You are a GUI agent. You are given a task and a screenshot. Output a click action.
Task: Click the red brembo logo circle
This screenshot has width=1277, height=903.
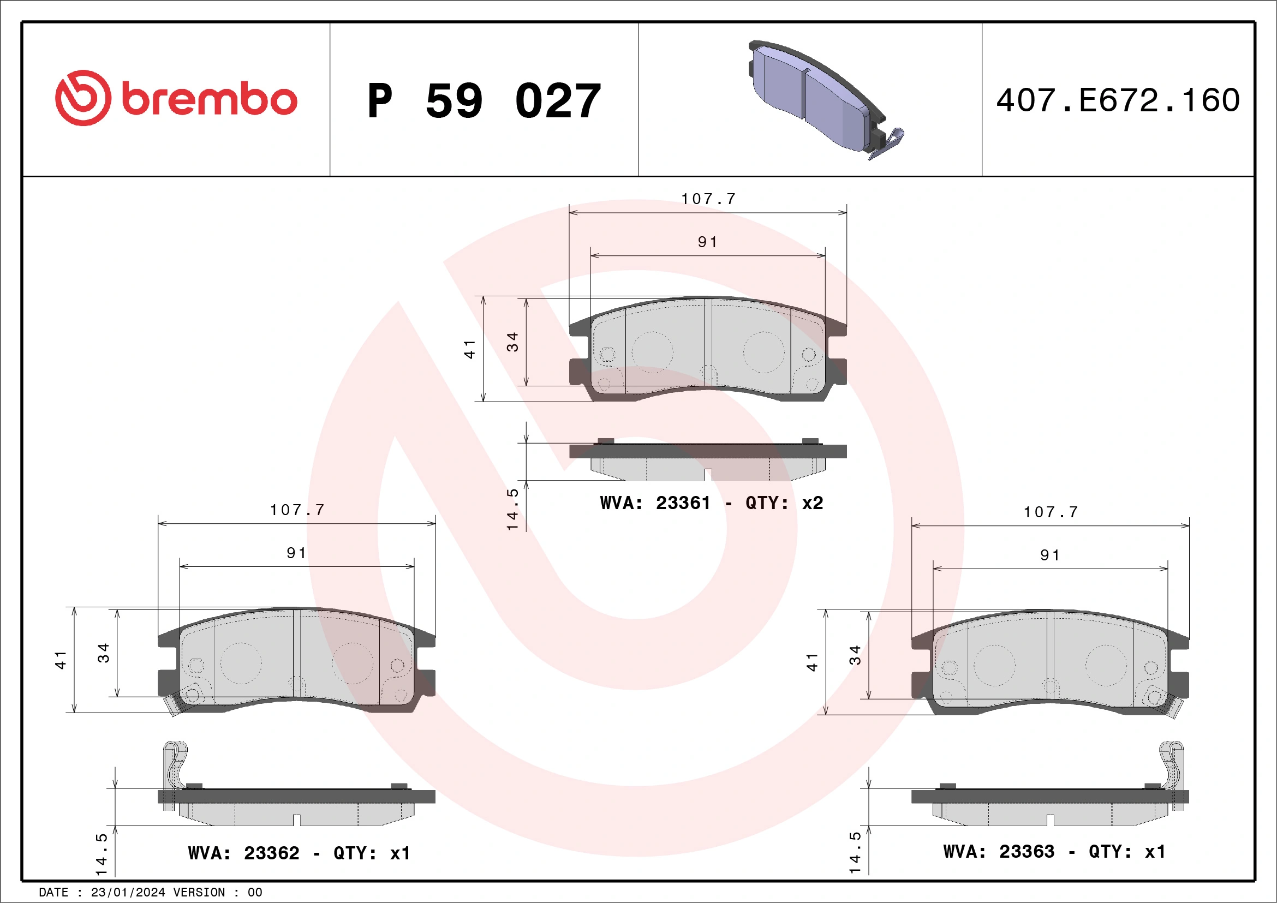[83, 98]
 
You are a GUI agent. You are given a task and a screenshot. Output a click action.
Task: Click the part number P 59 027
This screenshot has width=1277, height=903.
[484, 100]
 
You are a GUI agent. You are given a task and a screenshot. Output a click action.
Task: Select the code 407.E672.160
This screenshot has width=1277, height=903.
[1118, 100]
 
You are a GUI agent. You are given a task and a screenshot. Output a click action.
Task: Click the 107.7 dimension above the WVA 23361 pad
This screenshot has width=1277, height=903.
[708, 199]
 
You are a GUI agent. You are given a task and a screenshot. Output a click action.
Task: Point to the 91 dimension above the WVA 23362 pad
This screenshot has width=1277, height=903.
[296, 553]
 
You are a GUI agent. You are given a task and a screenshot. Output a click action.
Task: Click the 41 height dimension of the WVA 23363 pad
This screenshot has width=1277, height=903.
[812, 662]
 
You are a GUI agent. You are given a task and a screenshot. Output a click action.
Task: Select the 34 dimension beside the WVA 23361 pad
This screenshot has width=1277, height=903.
[512, 342]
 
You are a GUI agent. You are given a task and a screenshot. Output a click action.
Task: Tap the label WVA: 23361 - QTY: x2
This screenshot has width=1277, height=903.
[711, 503]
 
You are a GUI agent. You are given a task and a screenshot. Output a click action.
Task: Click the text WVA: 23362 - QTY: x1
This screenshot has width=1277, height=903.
[299, 852]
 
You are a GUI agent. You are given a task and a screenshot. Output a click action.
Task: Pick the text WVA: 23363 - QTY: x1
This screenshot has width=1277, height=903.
[1054, 851]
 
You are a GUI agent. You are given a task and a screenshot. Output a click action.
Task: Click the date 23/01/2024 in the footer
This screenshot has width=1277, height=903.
[128, 893]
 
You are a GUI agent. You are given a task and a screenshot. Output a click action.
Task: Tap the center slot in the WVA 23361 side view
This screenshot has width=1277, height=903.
[708, 474]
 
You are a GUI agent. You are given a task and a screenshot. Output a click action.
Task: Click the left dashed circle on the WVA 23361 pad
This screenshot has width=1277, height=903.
[652, 352]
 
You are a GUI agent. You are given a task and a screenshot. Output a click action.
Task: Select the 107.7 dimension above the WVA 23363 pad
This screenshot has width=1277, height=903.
[1051, 512]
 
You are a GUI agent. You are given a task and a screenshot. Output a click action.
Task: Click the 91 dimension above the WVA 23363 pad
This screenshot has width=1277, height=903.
[1050, 555]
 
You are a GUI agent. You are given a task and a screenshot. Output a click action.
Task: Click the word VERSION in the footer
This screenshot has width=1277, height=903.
[199, 893]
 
